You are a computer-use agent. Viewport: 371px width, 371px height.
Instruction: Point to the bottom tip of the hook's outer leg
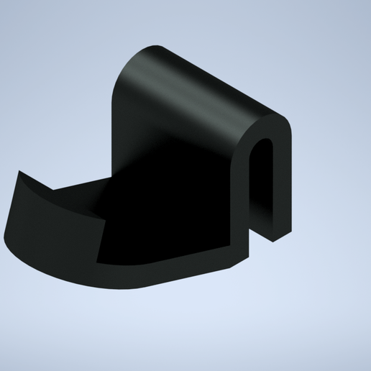point(276,235)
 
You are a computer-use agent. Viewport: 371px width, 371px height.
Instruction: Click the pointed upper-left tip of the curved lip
point(19,174)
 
